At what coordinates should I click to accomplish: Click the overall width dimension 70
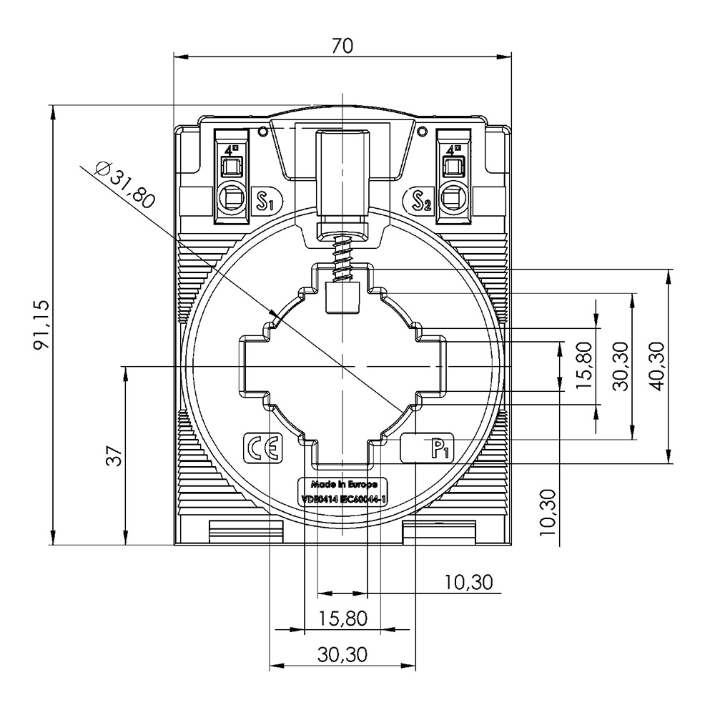343,45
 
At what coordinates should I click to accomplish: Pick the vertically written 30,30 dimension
620,365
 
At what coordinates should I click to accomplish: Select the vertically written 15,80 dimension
585,365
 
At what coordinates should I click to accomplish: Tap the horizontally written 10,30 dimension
468,583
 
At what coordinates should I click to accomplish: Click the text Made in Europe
342,483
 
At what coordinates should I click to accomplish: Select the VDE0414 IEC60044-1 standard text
342,498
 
